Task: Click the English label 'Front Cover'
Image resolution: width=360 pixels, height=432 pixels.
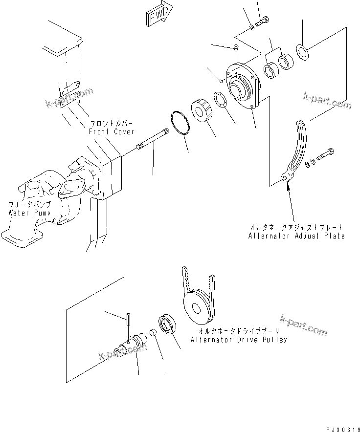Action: click(x=111, y=132)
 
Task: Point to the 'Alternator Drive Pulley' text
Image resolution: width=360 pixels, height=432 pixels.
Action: click(x=239, y=340)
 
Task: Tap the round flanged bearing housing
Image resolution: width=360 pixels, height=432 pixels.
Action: click(x=243, y=88)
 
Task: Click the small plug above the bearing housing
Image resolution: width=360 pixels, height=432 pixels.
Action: click(x=235, y=48)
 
